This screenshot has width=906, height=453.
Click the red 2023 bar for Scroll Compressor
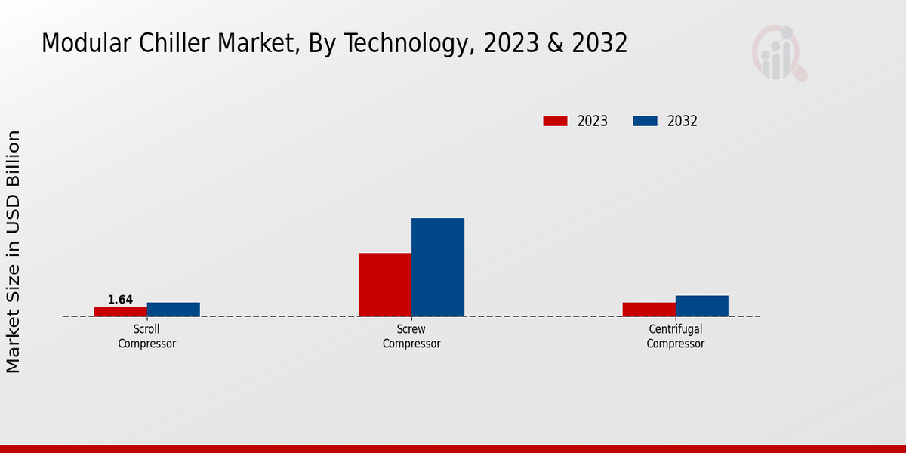[x=121, y=311]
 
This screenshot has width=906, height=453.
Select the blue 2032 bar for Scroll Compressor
[x=174, y=310]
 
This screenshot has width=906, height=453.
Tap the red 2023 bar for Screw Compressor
[x=385, y=285]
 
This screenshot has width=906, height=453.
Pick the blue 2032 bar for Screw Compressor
[x=438, y=267]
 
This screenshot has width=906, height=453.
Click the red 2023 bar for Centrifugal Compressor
[x=649, y=310]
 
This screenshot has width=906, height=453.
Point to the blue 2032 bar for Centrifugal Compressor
[x=702, y=306]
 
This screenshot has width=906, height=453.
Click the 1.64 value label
[x=120, y=300]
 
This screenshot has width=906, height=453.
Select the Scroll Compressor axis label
[x=147, y=336]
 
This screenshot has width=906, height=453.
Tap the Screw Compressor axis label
[x=411, y=336]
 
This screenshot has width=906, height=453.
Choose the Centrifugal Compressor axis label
[x=676, y=336]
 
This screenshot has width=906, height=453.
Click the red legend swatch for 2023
[x=555, y=121]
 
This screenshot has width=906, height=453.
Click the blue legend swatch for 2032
[x=645, y=121]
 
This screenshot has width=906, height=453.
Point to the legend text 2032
[x=683, y=121]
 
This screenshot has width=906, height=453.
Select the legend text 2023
[x=593, y=121]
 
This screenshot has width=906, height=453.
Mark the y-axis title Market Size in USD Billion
[x=14, y=251]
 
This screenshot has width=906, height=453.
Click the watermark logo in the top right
[x=778, y=53]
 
